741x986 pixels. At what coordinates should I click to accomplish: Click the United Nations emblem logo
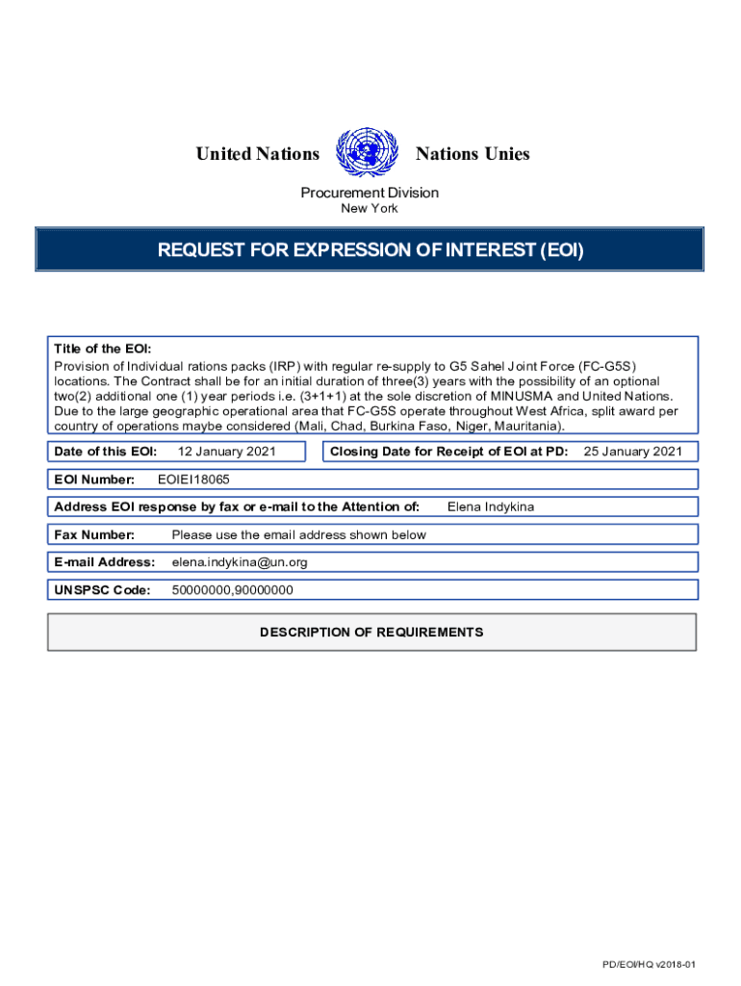click(x=367, y=154)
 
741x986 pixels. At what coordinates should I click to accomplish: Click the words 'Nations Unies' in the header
click(x=472, y=154)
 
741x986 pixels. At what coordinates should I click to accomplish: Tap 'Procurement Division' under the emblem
click(x=370, y=193)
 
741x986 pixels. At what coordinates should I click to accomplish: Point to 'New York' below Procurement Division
click(x=370, y=208)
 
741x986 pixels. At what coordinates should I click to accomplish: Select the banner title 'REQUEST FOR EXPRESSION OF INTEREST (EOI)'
click(x=370, y=251)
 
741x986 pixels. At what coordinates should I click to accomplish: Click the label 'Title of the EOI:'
click(x=102, y=350)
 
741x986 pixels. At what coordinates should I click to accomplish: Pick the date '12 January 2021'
click(x=228, y=452)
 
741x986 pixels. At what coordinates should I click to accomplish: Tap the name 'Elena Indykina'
click(x=491, y=506)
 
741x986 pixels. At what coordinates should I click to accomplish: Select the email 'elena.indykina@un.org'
click(x=240, y=561)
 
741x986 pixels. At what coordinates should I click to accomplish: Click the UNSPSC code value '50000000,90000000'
click(x=232, y=589)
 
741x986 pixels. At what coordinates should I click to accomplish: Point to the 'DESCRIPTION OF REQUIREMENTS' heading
click(x=371, y=633)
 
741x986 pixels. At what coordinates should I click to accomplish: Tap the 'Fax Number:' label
click(x=94, y=534)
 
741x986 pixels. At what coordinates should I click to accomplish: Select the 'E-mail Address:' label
click(x=104, y=561)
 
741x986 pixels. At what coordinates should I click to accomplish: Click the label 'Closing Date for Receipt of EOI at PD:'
click(x=448, y=452)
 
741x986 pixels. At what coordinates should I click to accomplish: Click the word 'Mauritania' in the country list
click(x=527, y=426)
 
